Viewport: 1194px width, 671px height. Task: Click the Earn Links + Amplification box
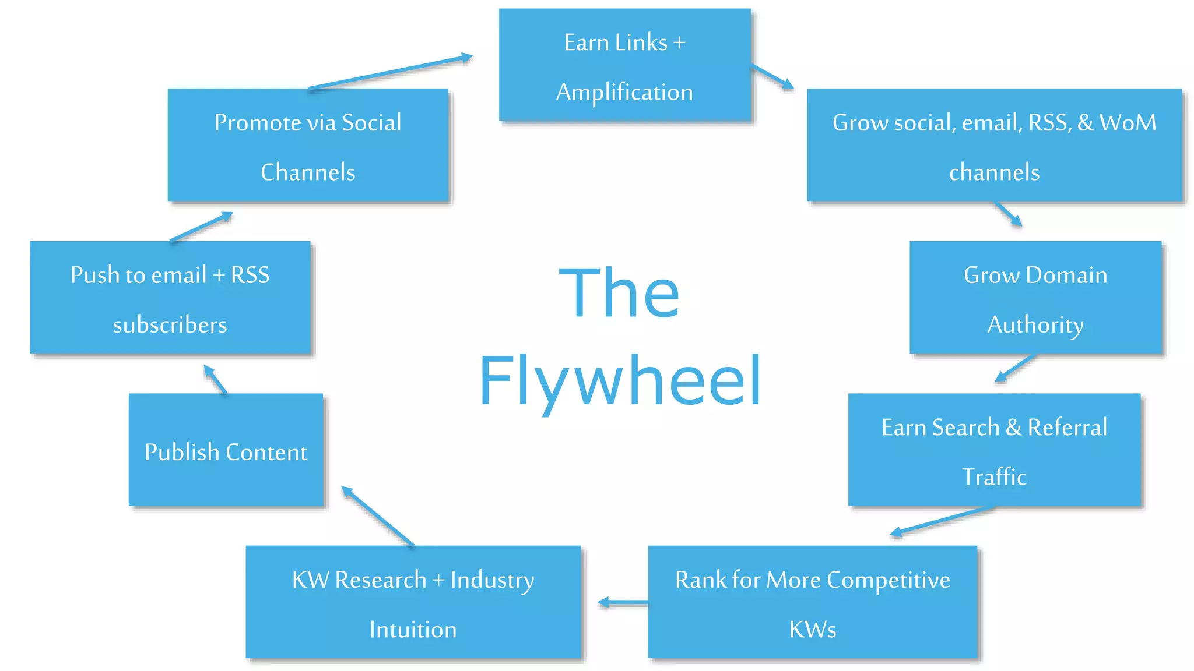[624, 65]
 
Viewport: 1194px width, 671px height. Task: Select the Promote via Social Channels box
[308, 145]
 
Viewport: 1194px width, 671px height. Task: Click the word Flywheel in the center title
[620, 382]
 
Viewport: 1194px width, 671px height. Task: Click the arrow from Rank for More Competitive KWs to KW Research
[623, 602]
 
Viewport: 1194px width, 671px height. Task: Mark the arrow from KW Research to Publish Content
[377, 516]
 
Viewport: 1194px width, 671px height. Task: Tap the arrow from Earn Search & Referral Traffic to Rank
[942, 520]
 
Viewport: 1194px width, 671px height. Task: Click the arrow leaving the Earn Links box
[772, 77]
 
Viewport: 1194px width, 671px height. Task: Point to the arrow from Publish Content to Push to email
[215, 380]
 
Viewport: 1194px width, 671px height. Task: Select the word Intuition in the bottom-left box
[413, 630]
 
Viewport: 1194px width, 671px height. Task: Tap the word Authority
[1035, 325]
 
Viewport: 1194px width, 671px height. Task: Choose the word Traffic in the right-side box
[994, 477]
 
